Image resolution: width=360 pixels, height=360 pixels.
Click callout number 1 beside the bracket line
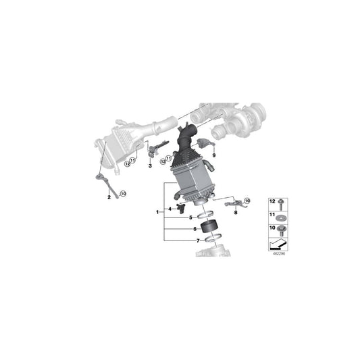pyautogui.click(x=157, y=212)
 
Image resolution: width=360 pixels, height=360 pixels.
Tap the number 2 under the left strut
pyautogui.click(x=109, y=197)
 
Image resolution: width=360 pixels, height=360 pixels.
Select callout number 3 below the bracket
pyautogui.click(x=150, y=165)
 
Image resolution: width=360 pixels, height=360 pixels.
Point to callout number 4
pyautogui.click(x=170, y=209)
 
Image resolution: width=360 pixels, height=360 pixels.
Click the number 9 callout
pyautogui.click(x=214, y=155)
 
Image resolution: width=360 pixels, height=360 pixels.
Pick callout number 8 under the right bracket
pyautogui.click(x=236, y=213)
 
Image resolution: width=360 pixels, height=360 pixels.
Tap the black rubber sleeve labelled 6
pyautogui.click(x=209, y=227)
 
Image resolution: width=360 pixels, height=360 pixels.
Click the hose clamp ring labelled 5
pyautogui.click(x=205, y=215)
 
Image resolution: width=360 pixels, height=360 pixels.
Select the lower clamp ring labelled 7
pyautogui.click(x=213, y=238)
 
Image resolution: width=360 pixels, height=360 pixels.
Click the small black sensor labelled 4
pyautogui.click(x=181, y=208)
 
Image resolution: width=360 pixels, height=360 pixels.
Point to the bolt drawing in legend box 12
pyautogui.click(x=280, y=204)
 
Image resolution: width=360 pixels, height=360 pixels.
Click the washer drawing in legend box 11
pyautogui.click(x=280, y=217)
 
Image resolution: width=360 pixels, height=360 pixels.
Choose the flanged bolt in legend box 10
pyautogui.click(x=280, y=230)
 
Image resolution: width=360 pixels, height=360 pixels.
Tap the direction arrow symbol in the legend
pyautogui.click(x=278, y=244)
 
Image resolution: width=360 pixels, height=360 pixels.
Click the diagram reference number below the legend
pyautogui.click(x=279, y=254)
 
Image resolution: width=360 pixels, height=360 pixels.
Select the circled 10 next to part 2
pyautogui.click(x=124, y=194)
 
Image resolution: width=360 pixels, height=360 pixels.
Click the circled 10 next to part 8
pyautogui.click(x=247, y=201)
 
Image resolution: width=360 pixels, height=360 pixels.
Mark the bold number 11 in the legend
pyautogui.click(x=272, y=215)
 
